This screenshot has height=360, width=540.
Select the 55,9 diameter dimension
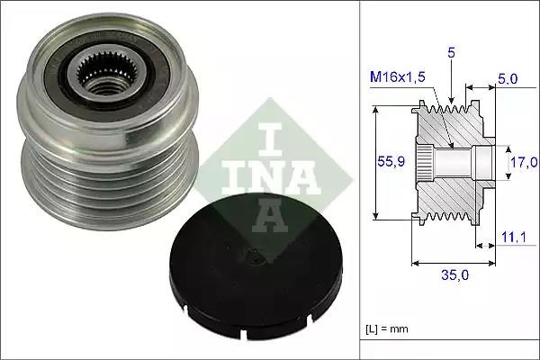point(391,162)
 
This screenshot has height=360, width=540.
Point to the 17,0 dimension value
point(523,162)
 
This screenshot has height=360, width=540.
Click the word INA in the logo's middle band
point(259,175)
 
